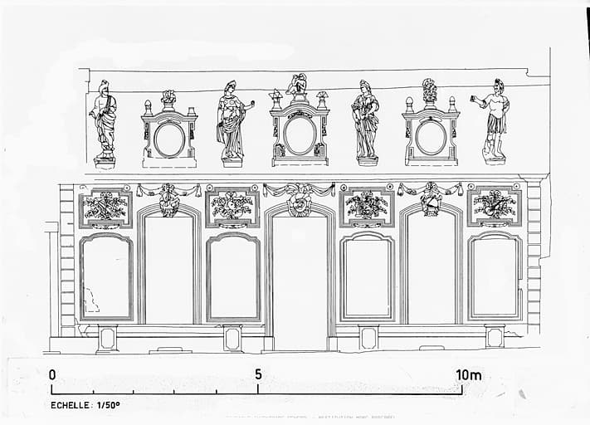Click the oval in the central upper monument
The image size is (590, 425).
tap(300, 134)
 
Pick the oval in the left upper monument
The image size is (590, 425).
tap(168, 139)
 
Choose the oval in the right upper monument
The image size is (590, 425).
tap(431, 137)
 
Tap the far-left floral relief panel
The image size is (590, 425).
tap(105, 208)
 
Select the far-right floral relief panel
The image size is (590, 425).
tap(495, 206)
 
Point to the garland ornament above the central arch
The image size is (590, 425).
tap(300, 197)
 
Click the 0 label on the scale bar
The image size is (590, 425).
tap(52, 374)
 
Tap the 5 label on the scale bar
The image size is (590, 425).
tap(258, 374)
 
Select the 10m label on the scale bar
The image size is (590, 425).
tap(468, 374)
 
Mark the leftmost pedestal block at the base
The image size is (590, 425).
tap(107, 337)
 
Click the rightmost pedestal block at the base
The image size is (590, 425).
tap(495, 336)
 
